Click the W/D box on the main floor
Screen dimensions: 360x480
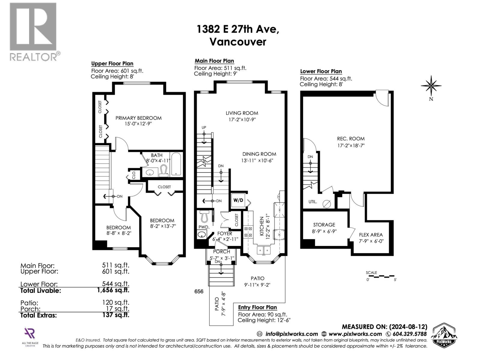[238, 200]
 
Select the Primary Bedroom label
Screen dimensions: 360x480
[138, 118]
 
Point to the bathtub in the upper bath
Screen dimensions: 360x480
[176, 165]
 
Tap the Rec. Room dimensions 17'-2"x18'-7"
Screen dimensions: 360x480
[351, 145]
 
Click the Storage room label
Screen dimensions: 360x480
[324, 225]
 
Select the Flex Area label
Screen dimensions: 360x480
[371, 235]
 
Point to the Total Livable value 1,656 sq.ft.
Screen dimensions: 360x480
[113, 290]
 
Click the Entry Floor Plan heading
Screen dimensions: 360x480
[257, 307]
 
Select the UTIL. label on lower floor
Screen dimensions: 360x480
[313, 202]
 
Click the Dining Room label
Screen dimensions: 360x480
[259, 154]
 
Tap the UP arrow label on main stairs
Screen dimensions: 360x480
[204, 127]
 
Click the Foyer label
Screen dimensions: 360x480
[224, 233]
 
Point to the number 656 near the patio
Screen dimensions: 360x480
[199, 291]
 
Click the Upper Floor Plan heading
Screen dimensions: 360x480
[112, 64]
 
